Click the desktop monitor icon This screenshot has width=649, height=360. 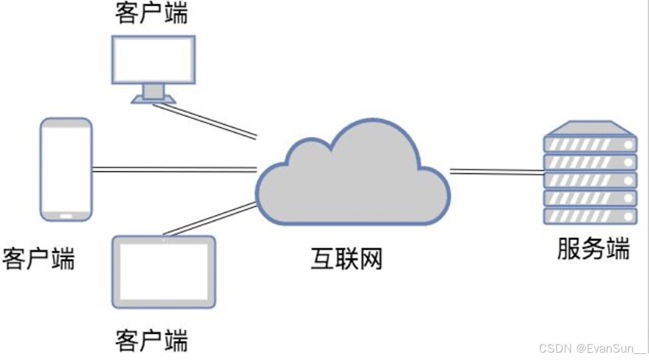point(154,60)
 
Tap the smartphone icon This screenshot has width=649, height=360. point(65,169)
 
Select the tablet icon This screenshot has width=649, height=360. point(164,272)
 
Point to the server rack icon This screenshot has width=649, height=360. point(589,174)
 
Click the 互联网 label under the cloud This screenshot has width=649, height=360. point(347,259)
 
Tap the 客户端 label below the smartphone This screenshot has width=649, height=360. point(39,258)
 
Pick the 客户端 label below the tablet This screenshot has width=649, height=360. point(152,340)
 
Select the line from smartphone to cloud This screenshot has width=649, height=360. point(174,170)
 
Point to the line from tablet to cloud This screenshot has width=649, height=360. point(210,219)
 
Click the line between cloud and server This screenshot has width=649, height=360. point(497,172)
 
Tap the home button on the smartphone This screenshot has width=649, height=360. point(66,216)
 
